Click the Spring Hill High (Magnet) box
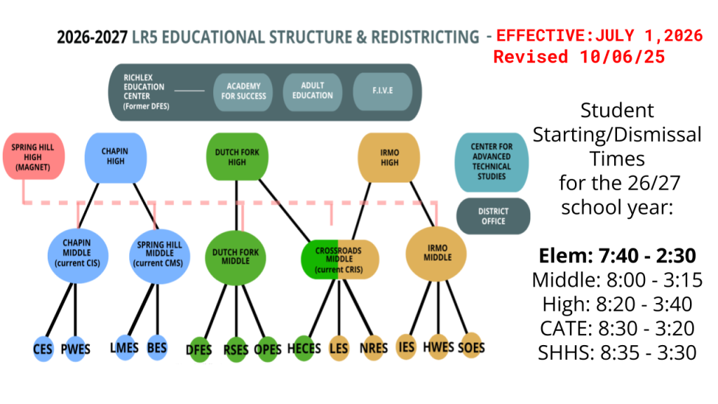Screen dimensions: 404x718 (33, 156)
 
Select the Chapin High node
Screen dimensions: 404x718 (115, 156)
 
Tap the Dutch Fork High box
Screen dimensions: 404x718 (237, 156)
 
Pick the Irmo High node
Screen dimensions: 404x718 (388, 156)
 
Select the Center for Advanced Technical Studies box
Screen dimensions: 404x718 (492, 162)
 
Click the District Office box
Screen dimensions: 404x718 (492, 215)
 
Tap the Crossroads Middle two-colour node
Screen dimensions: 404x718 (340, 260)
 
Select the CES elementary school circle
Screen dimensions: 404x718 (43, 349)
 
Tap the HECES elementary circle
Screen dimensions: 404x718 (304, 348)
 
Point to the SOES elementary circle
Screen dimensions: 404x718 (471, 346)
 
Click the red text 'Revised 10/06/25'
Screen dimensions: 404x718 (579, 57)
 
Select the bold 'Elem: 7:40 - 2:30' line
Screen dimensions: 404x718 (617, 256)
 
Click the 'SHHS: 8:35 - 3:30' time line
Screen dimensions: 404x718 (617, 351)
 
